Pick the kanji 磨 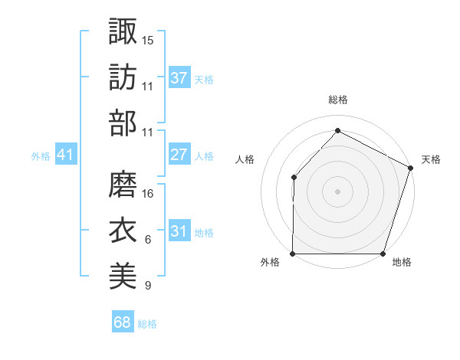[123, 183]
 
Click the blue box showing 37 [179, 77]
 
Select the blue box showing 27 [179, 155]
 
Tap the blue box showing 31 [179, 231]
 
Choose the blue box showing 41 [66, 155]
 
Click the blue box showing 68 [123, 322]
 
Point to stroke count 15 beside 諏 [148, 39]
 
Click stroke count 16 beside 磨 [148, 193]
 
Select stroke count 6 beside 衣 [148, 240]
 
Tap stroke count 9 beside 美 [148, 286]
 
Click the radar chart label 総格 [338, 100]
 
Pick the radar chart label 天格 [431, 159]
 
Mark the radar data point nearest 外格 [293, 254]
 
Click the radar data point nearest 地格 [383, 254]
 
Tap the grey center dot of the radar [338, 191]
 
